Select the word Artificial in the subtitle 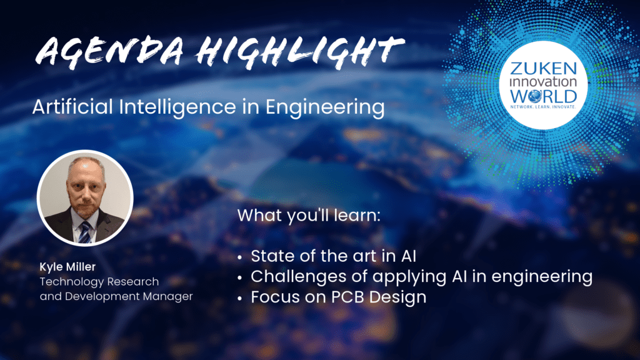pyautogui.click(x=72, y=106)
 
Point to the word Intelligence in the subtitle pyautogui.click(x=177, y=107)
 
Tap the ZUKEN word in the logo pyautogui.click(x=543, y=69)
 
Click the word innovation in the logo pyautogui.click(x=543, y=82)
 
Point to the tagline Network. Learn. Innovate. pyautogui.click(x=543, y=107)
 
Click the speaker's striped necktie pyautogui.click(x=84, y=232)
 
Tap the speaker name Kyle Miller pyautogui.click(x=67, y=267)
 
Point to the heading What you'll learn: pyautogui.click(x=309, y=216)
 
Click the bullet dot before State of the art pyautogui.click(x=239, y=257)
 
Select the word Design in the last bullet pyautogui.click(x=398, y=297)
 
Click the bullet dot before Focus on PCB pyautogui.click(x=239, y=298)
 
